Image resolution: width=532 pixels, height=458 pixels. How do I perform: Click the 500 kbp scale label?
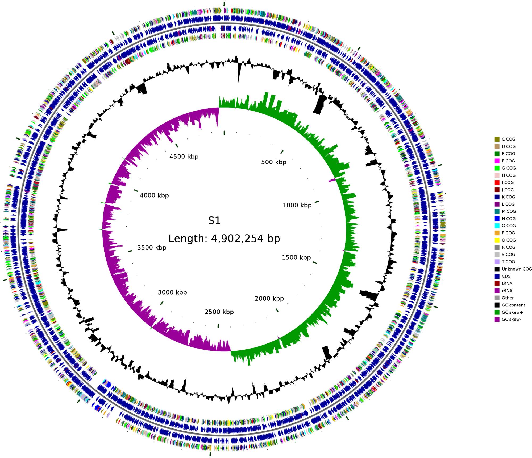point(273,162)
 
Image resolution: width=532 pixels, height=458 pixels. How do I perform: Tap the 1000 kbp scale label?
point(297,205)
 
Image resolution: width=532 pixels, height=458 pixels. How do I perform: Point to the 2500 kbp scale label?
point(219,312)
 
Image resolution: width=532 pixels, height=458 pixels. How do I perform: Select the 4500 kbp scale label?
point(184,157)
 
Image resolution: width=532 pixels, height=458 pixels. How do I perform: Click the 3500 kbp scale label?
point(152,248)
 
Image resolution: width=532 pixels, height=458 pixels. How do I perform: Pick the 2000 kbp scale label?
point(269,298)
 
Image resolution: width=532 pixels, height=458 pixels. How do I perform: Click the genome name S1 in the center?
point(214,221)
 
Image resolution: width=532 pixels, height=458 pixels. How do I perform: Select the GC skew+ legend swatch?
point(497,312)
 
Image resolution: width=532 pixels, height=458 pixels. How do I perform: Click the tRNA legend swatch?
point(497,283)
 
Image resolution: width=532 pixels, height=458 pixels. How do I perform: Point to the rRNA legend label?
point(507,291)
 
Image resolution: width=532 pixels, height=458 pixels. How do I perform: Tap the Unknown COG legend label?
point(517,269)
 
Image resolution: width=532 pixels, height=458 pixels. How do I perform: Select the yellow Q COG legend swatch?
point(497,240)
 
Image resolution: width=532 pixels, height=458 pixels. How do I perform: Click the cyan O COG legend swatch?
point(497,226)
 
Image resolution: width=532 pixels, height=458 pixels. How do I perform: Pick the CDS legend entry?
point(506,276)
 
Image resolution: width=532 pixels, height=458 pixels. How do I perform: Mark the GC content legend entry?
point(513,305)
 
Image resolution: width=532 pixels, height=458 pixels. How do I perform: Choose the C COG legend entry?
point(508,139)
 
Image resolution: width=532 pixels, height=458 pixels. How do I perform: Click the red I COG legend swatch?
point(497,183)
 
